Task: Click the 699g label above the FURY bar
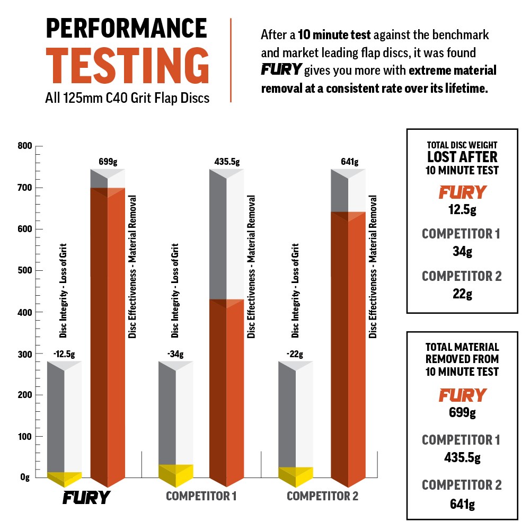tap(108, 162)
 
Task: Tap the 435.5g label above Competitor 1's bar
tap(227, 162)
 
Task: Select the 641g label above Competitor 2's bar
tap(348, 162)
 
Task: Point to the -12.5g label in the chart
tap(65, 354)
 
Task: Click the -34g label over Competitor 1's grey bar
tap(175, 354)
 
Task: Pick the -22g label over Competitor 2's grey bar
tap(296, 354)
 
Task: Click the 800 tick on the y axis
tap(24, 146)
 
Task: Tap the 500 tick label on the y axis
tap(24, 270)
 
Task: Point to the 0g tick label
tap(24, 478)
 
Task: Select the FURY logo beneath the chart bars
tap(86, 497)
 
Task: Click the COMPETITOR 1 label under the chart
tap(201, 497)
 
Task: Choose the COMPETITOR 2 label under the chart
tap(322, 497)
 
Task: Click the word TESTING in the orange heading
tap(127, 66)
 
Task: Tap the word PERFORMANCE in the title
tap(126, 29)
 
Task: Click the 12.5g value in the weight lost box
tap(461, 210)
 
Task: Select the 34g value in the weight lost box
tap(461, 252)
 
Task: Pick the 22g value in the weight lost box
tap(461, 294)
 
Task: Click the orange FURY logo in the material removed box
tap(462, 395)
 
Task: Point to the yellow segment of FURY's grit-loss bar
tap(65, 479)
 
